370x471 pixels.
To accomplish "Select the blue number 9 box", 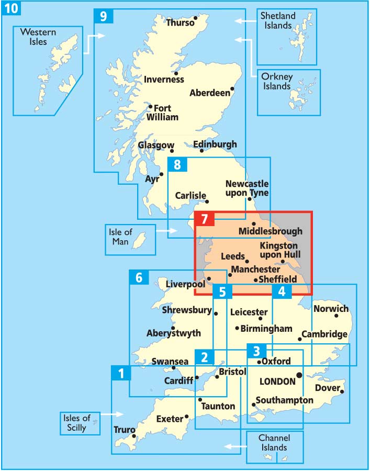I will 103,16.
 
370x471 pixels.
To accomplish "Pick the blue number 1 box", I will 121,374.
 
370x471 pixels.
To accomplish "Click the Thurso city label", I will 180,23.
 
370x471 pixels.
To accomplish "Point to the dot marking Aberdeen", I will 232,88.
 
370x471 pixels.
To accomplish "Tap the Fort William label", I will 162,113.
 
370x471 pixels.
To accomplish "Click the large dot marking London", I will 299,375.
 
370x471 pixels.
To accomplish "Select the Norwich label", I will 331,309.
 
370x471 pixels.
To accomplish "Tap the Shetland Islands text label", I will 279,21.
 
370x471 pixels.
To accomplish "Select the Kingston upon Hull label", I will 278,250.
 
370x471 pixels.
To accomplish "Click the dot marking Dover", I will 342,391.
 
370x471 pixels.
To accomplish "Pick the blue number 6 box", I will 139,278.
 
